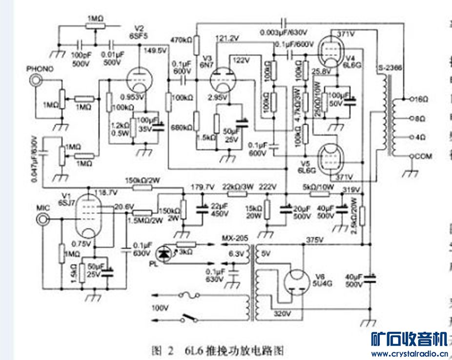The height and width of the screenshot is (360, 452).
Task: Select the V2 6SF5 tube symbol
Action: tap(138, 78)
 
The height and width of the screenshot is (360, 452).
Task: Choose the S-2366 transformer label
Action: tap(389, 68)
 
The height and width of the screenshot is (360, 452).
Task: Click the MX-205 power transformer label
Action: tap(234, 238)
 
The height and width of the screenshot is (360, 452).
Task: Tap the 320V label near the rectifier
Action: tap(282, 313)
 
